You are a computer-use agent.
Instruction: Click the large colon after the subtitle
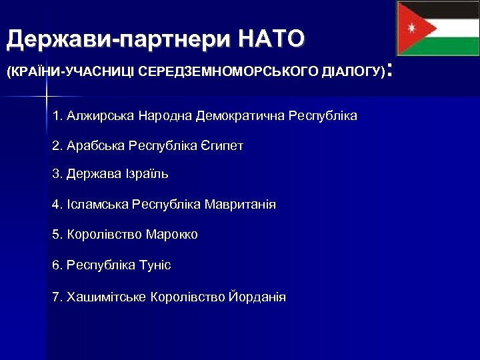click(x=392, y=69)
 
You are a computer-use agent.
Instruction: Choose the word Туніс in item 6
click(x=155, y=265)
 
